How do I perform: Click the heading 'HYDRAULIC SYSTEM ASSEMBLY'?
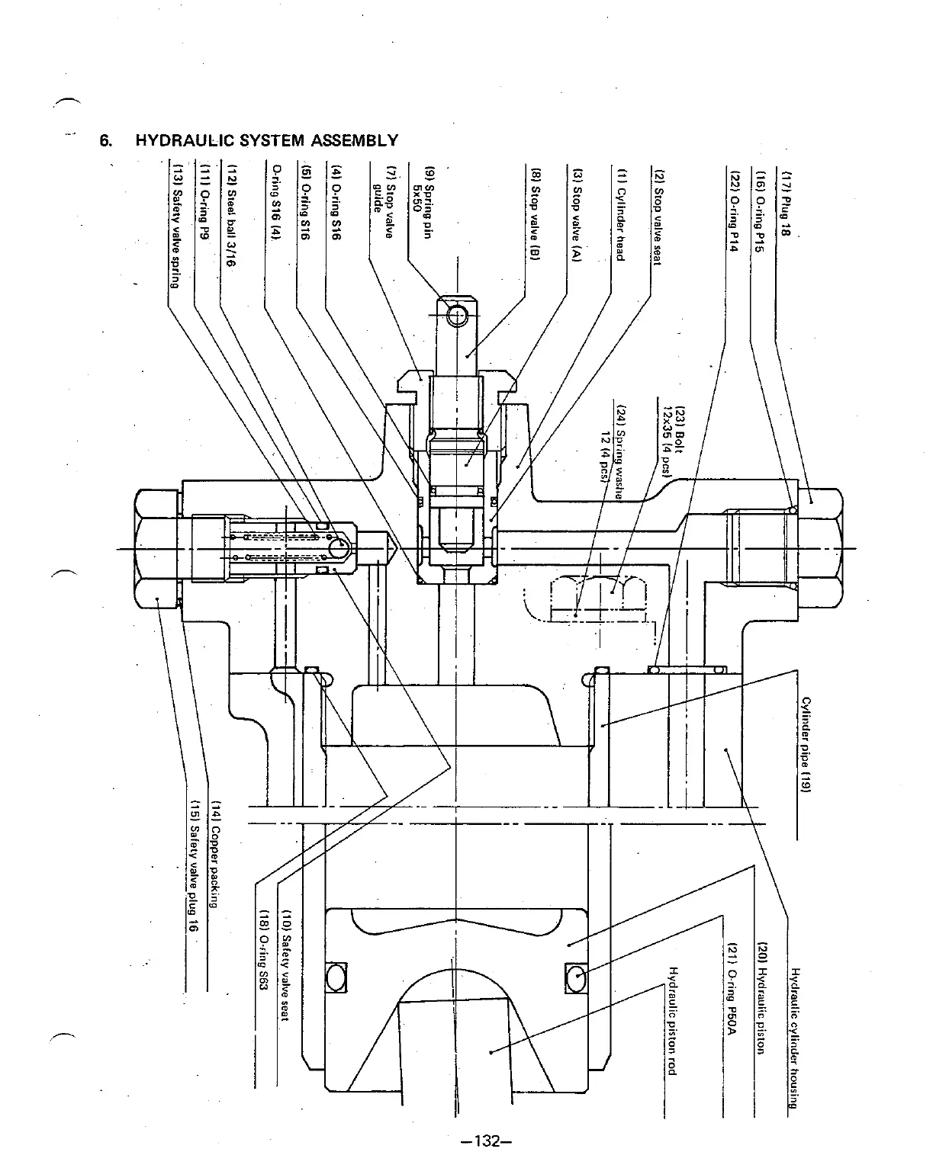(x=266, y=140)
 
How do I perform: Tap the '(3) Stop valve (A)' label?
(x=577, y=216)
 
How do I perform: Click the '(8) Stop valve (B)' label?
(x=536, y=216)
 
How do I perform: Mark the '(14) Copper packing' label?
(x=215, y=854)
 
